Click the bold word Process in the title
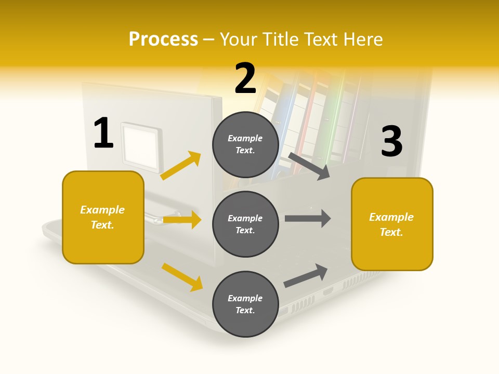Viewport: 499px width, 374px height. coord(163,39)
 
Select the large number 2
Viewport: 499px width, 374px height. coord(245,78)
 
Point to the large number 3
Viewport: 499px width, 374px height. coord(391,142)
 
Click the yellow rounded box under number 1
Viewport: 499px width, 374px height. coord(103,217)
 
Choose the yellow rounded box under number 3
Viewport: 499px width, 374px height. coord(392,224)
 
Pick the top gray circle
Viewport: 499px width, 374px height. coord(245,144)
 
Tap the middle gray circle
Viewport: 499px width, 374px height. coord(245,224)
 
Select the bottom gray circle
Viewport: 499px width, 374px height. coord(245,304)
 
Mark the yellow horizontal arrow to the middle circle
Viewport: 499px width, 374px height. coord(182,220)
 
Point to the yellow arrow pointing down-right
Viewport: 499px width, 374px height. coord(182,277)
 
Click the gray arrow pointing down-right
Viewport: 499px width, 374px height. coord(309,166)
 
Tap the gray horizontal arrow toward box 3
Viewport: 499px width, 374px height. coord(308,219)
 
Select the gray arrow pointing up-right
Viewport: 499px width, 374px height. coord(306,276)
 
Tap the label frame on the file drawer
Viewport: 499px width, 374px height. coord(141,146)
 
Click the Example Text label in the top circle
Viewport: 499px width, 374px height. coord(245,144)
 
